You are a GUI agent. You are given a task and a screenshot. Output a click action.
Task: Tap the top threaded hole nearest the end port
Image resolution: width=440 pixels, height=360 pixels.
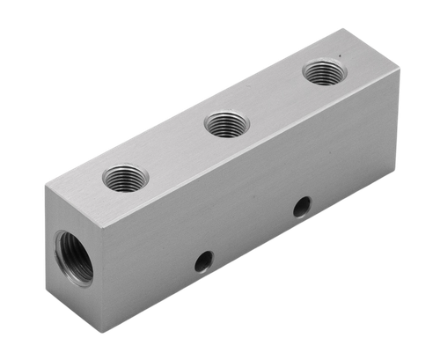[126, 178]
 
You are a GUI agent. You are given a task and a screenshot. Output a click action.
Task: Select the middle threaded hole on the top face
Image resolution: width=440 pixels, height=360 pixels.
[227, 124]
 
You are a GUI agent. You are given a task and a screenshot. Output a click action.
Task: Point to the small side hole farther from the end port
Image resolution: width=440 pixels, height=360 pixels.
[301, 208]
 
